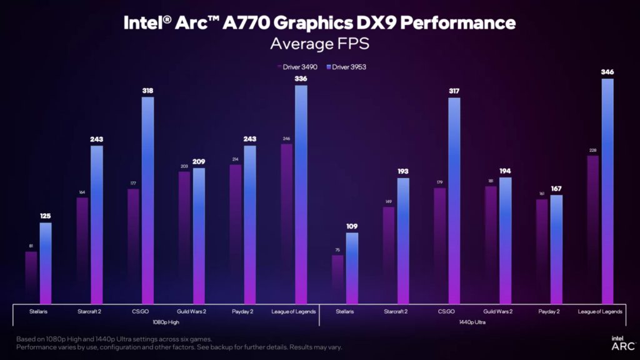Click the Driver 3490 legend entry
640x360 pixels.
(297, 67)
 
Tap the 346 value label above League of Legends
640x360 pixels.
(607, 72)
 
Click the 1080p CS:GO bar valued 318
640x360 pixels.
(147, 200)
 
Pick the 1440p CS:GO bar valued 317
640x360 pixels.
(454, 200)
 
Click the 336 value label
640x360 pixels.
(301, 79)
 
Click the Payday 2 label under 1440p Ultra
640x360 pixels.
(549, 311)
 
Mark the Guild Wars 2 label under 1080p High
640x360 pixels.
(191, 311)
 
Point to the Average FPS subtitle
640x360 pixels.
(319, 44)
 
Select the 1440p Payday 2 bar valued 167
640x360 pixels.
(556, 250)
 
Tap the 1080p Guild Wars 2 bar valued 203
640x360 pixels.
(184, 237)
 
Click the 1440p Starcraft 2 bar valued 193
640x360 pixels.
(403, 241)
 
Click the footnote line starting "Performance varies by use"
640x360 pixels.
(179, 346)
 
